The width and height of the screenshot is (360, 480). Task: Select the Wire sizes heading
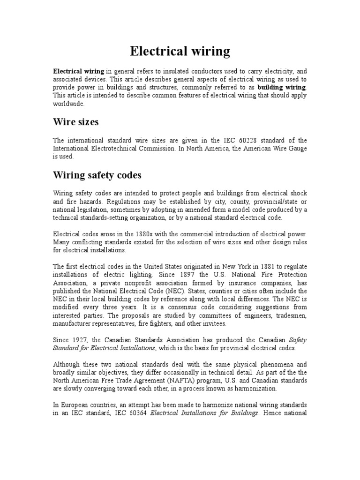pyautogui.click(x=75, y=122)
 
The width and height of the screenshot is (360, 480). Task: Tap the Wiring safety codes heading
pyautogui.click(x=97, y=175)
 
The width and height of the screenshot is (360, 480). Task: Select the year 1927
pyautogui.click(x=82, y=339)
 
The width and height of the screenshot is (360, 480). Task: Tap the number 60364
pyautogui.click(x=136, y=413)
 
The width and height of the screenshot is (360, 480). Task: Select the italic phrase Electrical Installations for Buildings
pyautogui.click(x=204, y=413)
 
